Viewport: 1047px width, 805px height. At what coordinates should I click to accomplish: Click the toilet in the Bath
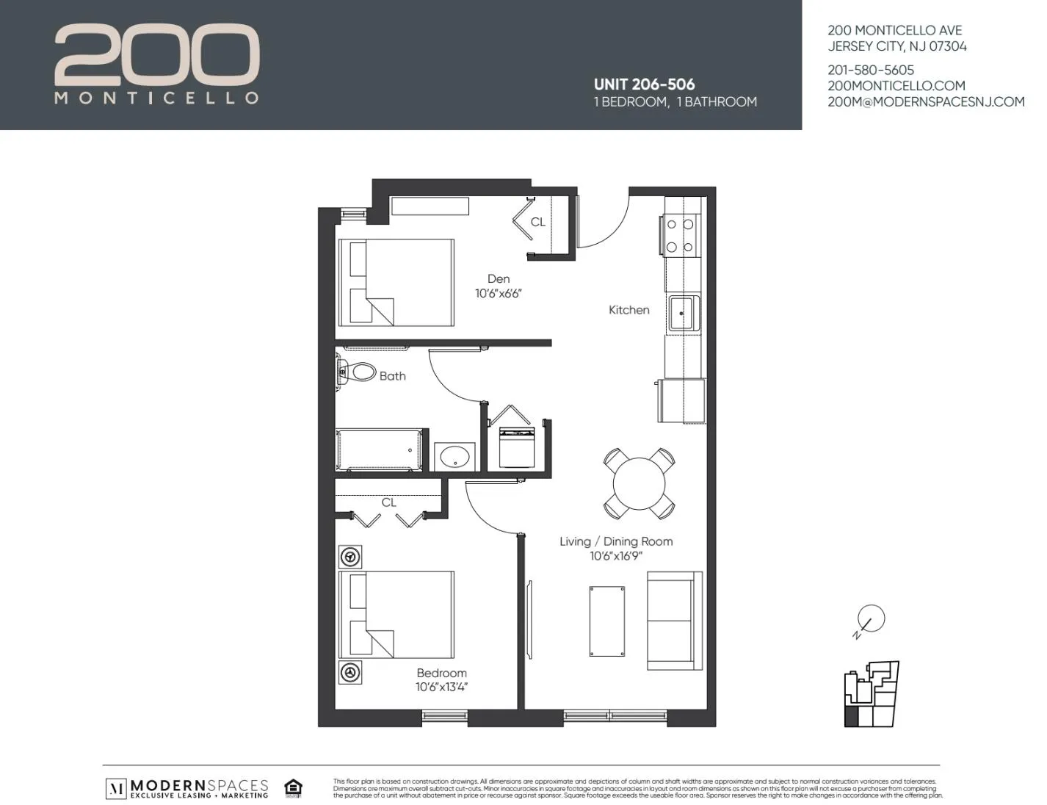tap(357, 371)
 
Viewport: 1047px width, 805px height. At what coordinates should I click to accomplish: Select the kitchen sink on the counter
tap(684, 314)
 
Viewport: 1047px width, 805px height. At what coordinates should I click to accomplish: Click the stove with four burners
tap(680, 235)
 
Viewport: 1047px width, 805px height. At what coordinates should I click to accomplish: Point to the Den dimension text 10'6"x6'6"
tap(498, 294)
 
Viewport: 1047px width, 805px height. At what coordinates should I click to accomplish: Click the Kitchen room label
tap(628, 310)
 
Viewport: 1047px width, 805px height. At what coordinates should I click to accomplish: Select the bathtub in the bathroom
tap(379, 450)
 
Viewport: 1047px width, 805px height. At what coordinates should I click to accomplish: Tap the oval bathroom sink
tap(454, 456)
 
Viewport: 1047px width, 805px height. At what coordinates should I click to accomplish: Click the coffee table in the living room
tap(607, 621)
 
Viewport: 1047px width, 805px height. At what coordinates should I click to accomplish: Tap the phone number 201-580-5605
tap(871, 71)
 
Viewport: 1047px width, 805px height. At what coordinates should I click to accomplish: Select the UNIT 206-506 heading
tap(644, 84)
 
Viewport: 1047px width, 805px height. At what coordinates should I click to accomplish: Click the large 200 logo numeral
tap(157, 54)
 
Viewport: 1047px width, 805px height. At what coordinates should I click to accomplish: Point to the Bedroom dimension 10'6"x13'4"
tap(441, 687)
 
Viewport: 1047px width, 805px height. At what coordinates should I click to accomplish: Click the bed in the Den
tap(396, 283)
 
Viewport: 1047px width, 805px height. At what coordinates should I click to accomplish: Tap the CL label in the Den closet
tap(537, 222)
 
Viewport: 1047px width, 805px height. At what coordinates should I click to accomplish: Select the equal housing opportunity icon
tap(294, 787)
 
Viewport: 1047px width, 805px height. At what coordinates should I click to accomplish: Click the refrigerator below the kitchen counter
tap(682, 401)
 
